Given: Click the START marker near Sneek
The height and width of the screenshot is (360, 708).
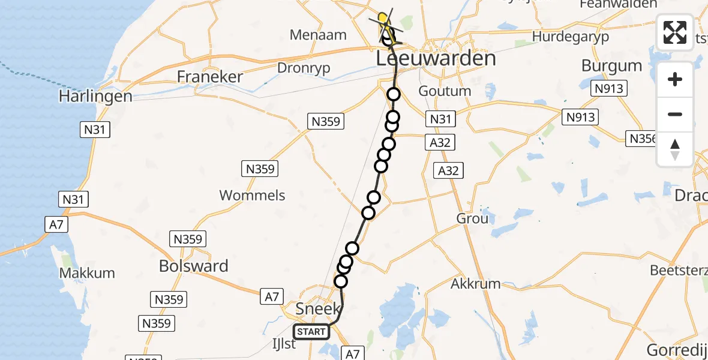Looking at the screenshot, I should (311, 331).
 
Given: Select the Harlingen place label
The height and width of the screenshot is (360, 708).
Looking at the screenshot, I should (96, 96).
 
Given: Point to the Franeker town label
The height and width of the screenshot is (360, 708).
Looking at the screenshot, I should (210, 77).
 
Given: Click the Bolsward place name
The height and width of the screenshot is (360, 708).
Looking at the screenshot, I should (194, 266).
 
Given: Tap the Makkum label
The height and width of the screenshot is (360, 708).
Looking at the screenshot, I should (87, 273).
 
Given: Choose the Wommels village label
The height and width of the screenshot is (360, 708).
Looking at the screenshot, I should (252, 195).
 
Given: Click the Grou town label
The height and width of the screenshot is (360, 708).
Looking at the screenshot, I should (472, 218).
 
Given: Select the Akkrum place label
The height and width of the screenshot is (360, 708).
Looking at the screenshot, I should (475, 283).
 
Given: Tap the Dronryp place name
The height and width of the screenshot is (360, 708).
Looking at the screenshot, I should (304, 68).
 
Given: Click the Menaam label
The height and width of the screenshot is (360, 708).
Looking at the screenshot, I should (318, 35).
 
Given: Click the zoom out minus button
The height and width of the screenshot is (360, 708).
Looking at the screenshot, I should (675, 114).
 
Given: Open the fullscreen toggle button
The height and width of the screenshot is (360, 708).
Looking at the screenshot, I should (675, 32).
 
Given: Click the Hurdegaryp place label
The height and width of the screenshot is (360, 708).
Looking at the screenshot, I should (571, 37).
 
